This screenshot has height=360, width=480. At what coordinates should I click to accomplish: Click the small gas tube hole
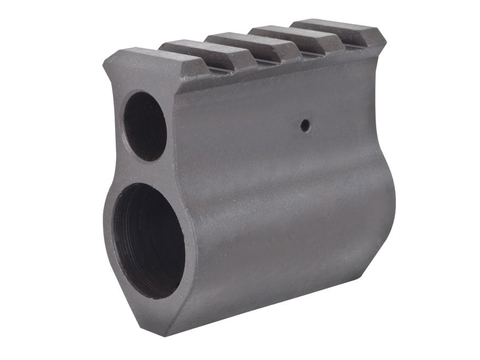click(145, 126)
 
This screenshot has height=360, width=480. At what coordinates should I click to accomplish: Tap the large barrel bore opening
click(148, 241)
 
